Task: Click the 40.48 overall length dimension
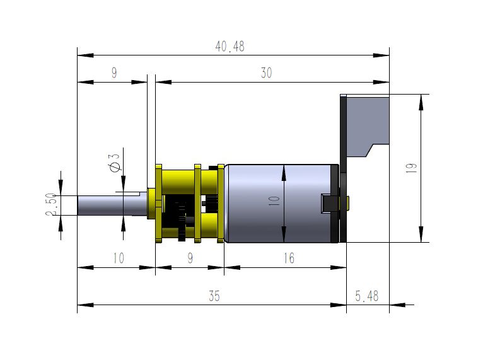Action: coord(230,47)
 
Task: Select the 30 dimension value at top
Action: coord(266,73)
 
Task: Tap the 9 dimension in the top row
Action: coord(113,73)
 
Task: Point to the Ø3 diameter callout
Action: coord(115,163)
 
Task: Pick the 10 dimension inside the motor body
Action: coord(274,202)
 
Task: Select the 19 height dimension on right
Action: coord(411,168)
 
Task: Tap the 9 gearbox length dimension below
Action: coord(189,258)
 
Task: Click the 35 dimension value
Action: coord(214,296)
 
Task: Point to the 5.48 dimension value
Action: coord(367,296)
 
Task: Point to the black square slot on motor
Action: coord(329,204)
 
